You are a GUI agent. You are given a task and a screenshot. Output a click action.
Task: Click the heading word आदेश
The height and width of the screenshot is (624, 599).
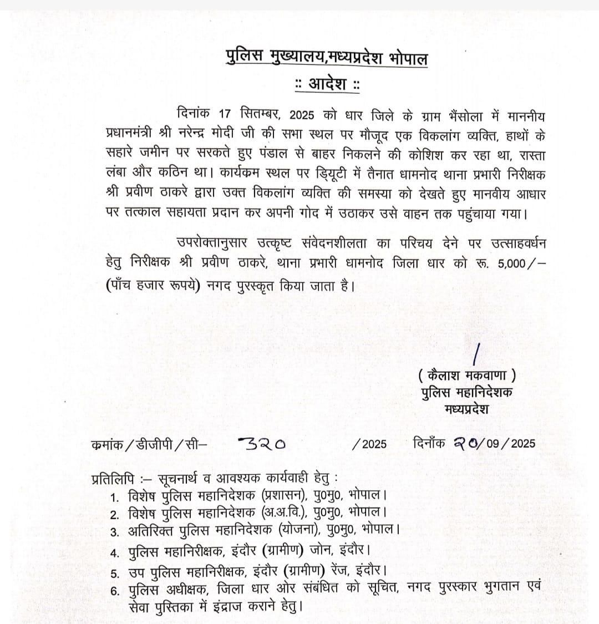click(327, 85)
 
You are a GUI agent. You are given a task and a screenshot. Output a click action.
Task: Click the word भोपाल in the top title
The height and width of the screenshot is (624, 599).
click(404, 58)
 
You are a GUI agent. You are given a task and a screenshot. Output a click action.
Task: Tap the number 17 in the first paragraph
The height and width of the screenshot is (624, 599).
click(225, 116)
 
